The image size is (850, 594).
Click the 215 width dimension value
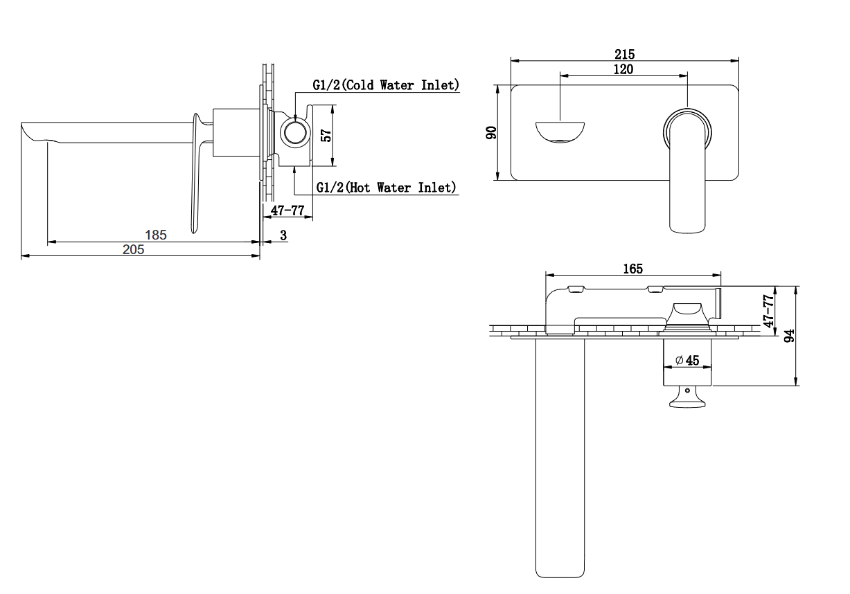click(x=625, y=54)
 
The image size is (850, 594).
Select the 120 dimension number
click(x=623, y=69)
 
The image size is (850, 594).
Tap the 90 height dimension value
click(x=491, y=133)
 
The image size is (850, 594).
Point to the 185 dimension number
click(x=156, y=235)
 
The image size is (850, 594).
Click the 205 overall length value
click(x=133, y=250)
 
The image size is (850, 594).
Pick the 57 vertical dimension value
click(x=326, y=136)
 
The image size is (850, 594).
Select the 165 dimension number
click(x=633, y=269)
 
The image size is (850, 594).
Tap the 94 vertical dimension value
click(x=789, y=336)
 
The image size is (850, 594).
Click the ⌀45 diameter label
click(x=687, y=360)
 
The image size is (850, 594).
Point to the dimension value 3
click(x=283, y=235)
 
